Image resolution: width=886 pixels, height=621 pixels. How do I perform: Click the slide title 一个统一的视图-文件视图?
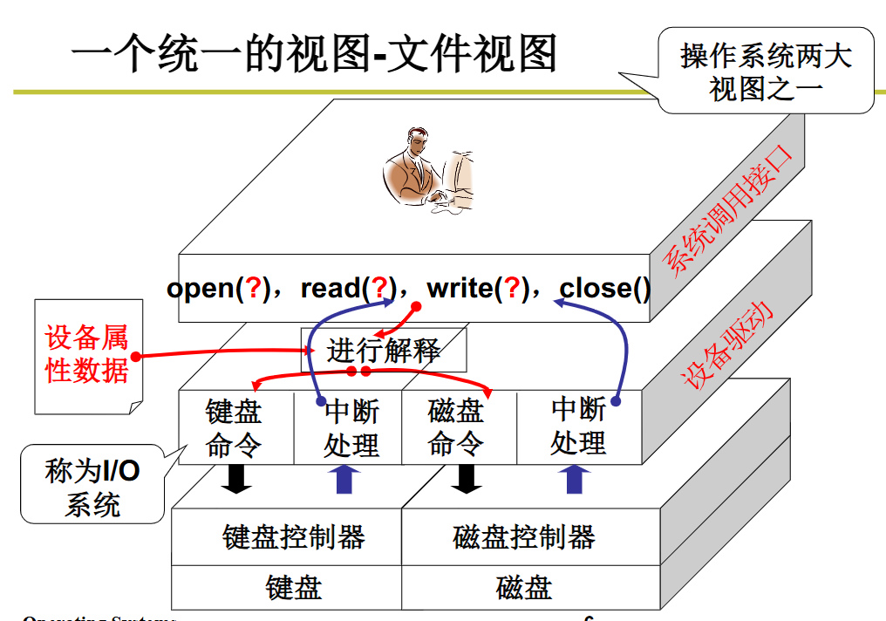[x=314, y=54]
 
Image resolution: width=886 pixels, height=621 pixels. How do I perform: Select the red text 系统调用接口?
[x=731, y=210]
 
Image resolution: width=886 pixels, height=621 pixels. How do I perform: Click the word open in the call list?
[x=201, y=289]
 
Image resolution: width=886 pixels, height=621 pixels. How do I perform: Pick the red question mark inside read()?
[x=379, y=289]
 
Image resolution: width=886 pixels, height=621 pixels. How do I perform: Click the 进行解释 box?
[x=384, y=351]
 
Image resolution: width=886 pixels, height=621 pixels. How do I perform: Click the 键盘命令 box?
[x=234, y=428]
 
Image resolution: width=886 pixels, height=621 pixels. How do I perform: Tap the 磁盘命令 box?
[x=456, y=428]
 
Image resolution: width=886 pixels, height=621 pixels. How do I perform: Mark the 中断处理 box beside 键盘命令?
[x=351, y=428]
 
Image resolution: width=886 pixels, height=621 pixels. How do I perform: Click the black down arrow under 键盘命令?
[x=235, y=479]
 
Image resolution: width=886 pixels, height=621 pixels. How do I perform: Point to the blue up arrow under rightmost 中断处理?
[x=575, y=479]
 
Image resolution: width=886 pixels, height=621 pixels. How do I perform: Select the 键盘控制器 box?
[x=293, y=536]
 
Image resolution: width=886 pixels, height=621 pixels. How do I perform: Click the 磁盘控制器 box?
[x=524, y=536]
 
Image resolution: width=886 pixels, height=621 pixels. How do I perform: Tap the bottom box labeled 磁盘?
[x=524, y=588]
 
